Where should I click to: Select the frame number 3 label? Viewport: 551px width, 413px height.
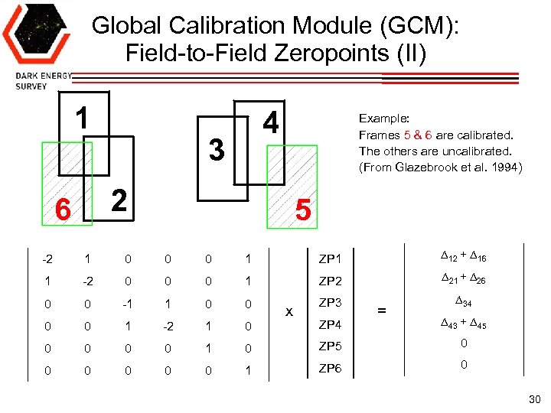(217, 150)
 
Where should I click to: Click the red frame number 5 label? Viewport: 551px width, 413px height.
(303, 210)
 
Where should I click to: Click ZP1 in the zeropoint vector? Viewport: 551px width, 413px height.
(330, 261)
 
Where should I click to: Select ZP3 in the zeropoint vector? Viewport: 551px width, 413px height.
(330, 303)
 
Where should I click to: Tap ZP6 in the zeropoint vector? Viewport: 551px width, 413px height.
(330, 369)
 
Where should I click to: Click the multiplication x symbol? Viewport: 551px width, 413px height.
(289, 312)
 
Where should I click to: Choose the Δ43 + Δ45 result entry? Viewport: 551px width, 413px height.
(463, 324)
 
